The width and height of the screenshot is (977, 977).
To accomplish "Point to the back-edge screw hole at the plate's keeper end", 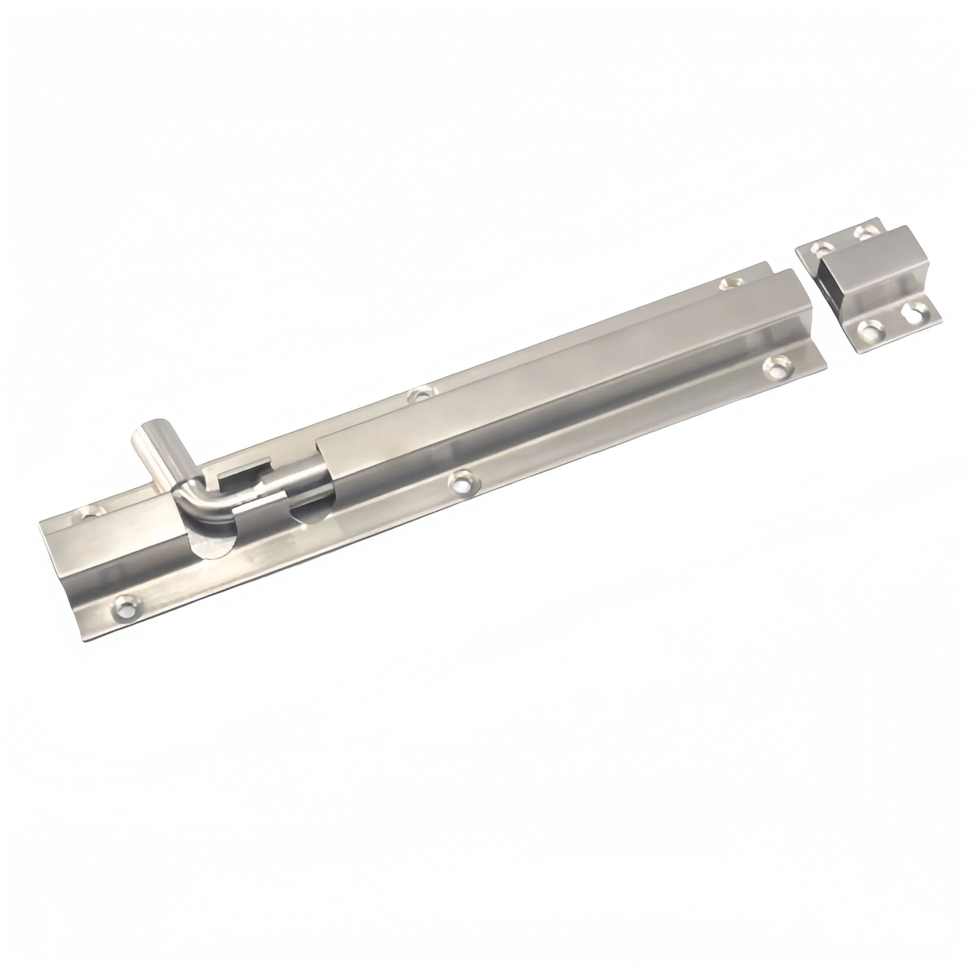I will coord(731,282).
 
